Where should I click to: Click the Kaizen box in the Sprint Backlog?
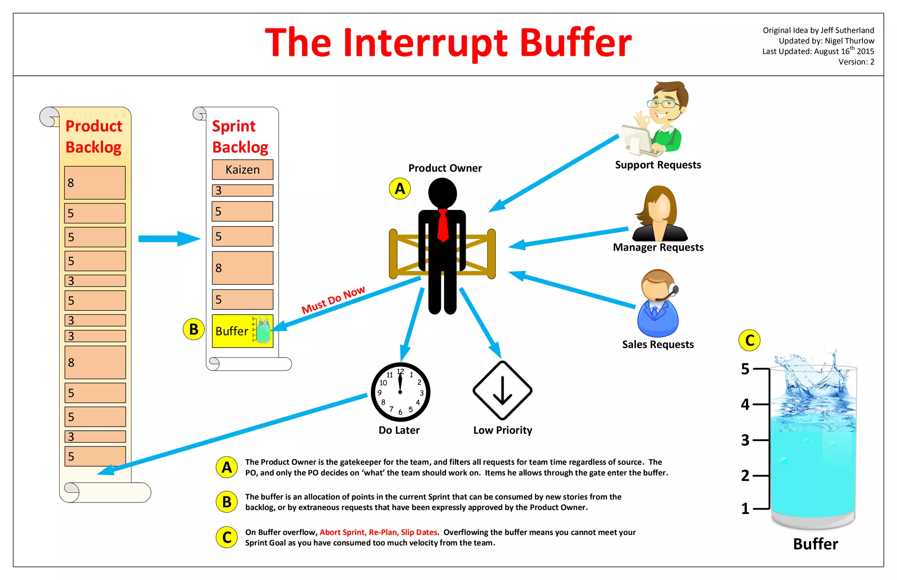(242, 169)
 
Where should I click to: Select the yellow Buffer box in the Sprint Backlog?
(242, 331)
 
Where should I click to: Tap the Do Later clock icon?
(400, 392)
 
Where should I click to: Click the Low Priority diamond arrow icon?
(502, 390)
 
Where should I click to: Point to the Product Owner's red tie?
(443, 225)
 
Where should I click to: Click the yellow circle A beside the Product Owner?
(400, 189)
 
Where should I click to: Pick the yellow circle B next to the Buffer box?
(194, 329)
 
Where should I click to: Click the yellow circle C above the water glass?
(749, 340)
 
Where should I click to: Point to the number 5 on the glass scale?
(745, 369)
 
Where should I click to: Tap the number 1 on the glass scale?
(745, 509)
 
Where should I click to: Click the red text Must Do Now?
(333, 300)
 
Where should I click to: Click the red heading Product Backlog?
(94, 137)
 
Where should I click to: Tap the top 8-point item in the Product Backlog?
(95, 183)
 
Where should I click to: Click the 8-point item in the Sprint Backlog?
(242, 268)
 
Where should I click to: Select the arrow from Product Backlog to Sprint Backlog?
(169, 239)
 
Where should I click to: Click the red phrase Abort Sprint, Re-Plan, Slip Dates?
(378, 532)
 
